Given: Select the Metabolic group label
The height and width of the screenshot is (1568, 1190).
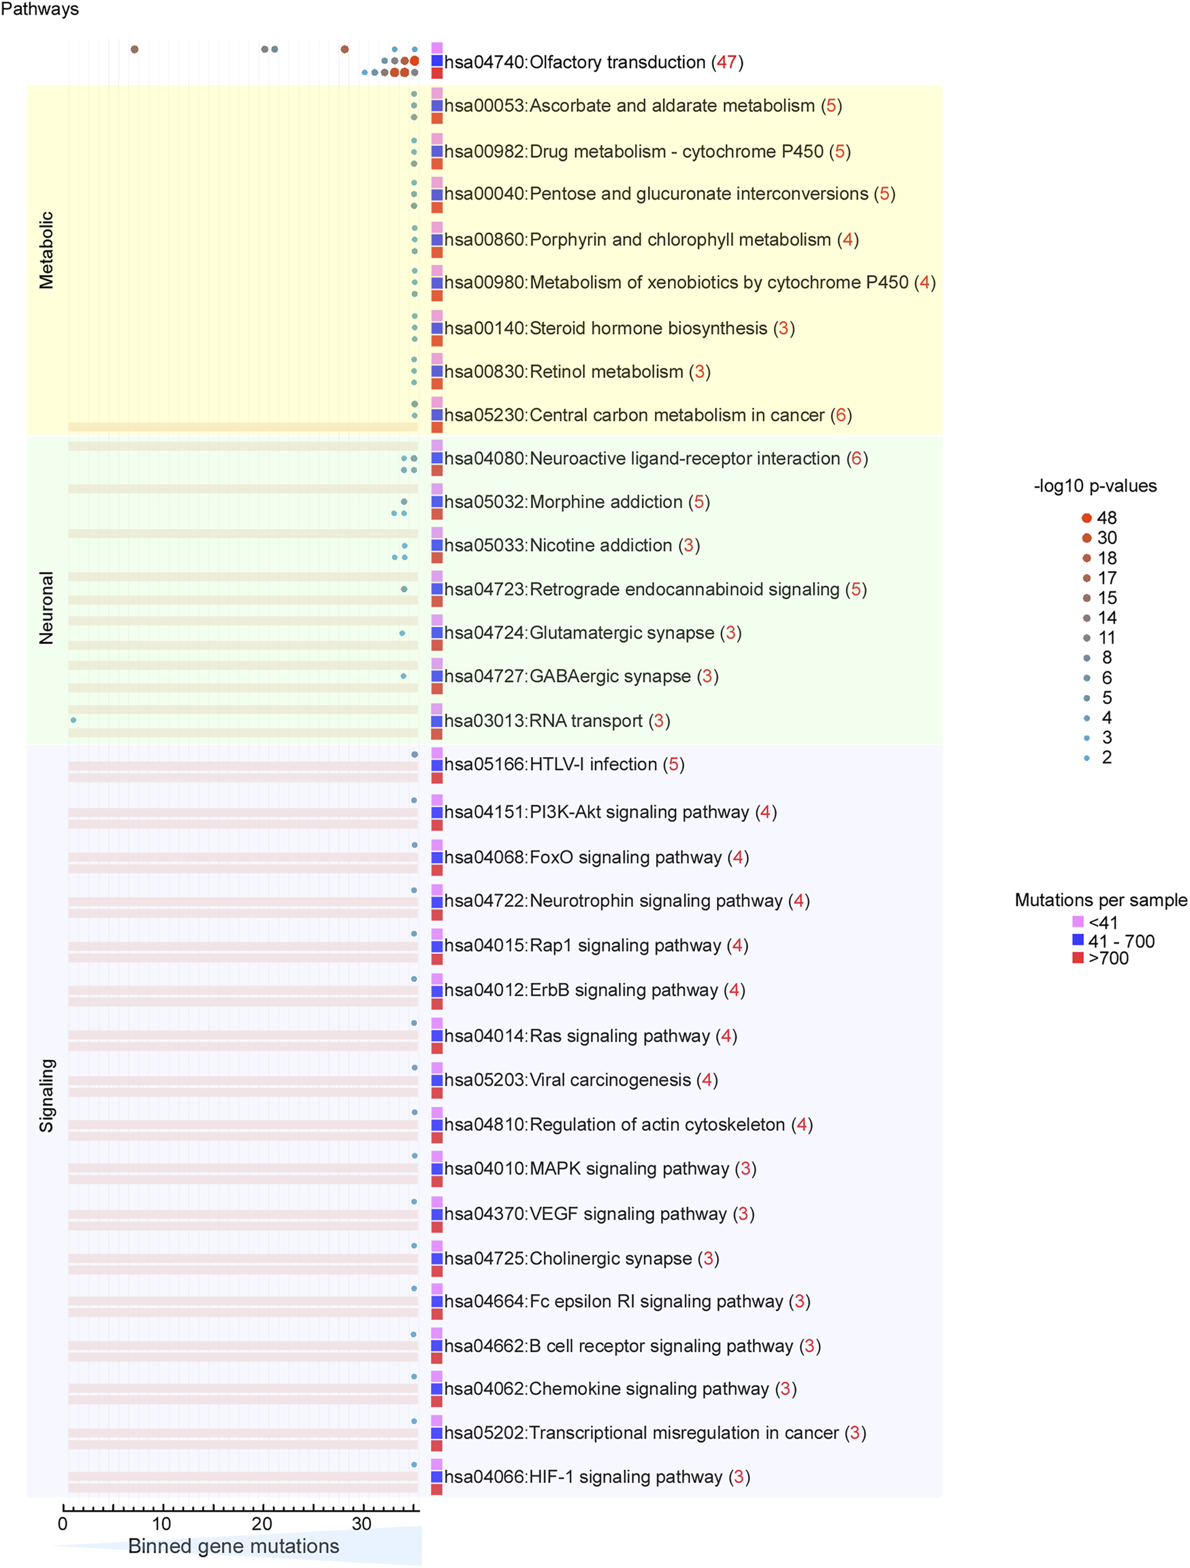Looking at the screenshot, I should click(46, 251).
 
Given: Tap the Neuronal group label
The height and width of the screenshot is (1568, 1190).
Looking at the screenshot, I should click(46, 607).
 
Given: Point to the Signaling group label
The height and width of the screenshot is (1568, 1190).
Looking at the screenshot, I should click(46, 1095).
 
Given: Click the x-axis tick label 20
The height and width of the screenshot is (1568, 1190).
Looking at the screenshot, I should click(261, 1523).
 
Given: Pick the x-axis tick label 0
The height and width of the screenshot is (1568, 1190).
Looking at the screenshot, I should click(63, 1523).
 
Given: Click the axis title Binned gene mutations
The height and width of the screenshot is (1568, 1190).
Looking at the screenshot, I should click(234, 1546).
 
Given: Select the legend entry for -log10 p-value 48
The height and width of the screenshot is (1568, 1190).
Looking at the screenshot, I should click(1099, 518).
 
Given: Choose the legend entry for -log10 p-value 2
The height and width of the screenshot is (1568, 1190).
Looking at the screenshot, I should click(1099, 758).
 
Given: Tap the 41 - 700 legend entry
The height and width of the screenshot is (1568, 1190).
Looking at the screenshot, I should click(1113, 942).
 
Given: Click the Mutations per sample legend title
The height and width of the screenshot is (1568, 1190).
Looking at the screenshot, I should click(1101, 900).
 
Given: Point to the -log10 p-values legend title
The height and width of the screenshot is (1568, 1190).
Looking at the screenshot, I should click(1095, 486).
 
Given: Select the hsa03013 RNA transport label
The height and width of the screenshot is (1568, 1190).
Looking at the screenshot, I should click(557, 721).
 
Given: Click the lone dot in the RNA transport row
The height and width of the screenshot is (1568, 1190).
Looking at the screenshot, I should click(73, 720).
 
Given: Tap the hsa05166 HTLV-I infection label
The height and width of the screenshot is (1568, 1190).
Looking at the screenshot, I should click(564, 764).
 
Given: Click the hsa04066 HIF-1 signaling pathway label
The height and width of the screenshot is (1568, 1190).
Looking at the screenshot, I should click(597, 1477).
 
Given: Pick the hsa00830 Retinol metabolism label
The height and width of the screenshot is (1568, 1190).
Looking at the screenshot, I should click(577, 372).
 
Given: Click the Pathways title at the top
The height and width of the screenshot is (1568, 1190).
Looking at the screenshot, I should click(39, 10).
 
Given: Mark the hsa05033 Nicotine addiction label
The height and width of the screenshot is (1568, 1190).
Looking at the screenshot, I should click(572, 545).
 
